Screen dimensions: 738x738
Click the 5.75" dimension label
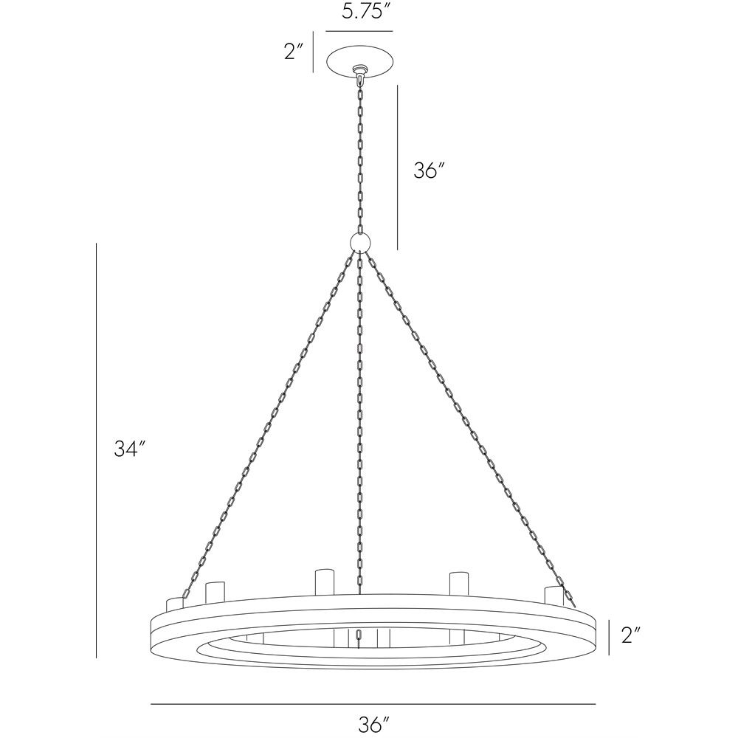tap(360, 13)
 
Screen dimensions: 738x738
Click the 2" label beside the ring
tap(630, 635)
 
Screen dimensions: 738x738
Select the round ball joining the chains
tap(360, 242)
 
